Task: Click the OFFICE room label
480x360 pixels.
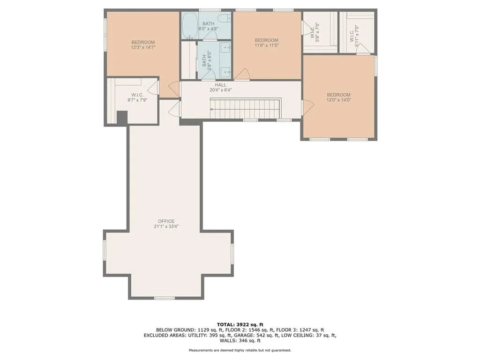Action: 166,221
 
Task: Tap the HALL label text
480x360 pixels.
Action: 221,85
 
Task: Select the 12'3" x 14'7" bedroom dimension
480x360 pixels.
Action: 143,47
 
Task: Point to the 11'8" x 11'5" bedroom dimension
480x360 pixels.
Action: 266,45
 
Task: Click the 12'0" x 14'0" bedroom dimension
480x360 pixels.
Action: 338,100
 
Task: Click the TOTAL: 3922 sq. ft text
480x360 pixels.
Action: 240,324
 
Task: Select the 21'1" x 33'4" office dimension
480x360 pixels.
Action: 166,226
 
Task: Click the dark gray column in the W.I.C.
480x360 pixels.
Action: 121,118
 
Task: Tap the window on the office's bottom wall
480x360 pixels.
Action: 165,298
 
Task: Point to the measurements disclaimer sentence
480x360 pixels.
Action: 240,350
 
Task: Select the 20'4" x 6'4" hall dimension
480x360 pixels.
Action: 221,90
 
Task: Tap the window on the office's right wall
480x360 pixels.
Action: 232,253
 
